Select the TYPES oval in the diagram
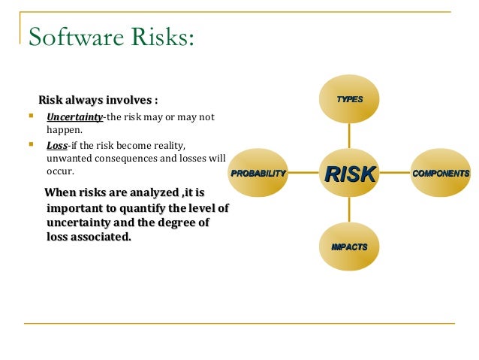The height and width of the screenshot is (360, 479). tap(349, 99)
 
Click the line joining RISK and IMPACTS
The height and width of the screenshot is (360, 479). tap(349, 210)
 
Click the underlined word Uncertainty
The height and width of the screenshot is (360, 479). tap(74, 116)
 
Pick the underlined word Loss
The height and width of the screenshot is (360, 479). tap(56, 144)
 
